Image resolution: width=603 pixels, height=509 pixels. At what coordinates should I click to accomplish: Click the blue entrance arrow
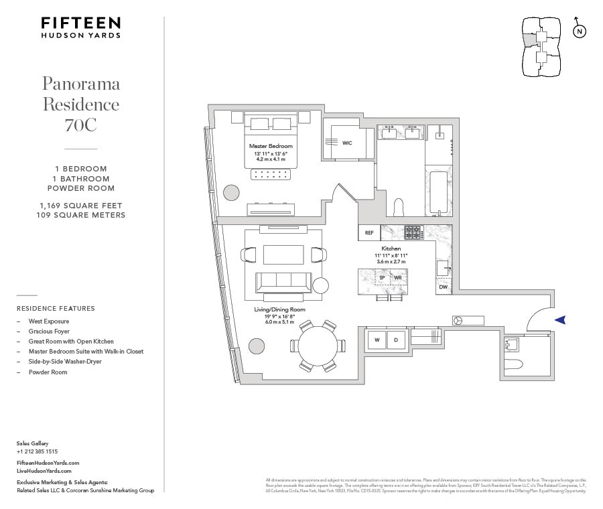point(560,320)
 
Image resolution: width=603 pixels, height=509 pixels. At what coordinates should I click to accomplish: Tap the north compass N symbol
point(580,31)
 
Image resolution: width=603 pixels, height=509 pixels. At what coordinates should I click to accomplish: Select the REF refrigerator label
point(369,233)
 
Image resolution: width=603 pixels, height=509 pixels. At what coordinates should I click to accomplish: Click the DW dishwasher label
point(443,287)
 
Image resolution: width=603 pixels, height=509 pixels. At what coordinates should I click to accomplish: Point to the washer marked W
point(377,340)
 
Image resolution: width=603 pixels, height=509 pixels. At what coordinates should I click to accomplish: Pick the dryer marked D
point(397,340)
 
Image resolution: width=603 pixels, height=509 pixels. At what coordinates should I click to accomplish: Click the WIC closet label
point(347,143)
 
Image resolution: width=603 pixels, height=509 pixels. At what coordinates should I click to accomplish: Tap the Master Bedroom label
point(271,146)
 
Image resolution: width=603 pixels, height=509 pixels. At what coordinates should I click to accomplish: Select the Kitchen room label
point(391,248)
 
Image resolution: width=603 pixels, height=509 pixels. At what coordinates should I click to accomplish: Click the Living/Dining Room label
point(279,309)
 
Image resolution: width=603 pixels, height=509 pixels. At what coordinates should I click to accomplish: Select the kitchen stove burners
point(412,232)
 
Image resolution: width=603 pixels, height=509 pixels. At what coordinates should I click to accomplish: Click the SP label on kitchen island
point(383,277)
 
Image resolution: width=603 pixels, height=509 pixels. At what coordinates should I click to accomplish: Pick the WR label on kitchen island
point(398,277)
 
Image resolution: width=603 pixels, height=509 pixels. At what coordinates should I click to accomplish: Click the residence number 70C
point(81,125)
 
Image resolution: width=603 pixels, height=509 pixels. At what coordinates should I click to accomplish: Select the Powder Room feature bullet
point(48,372)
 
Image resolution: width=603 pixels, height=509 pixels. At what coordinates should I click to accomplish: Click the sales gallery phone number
point(37,451)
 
